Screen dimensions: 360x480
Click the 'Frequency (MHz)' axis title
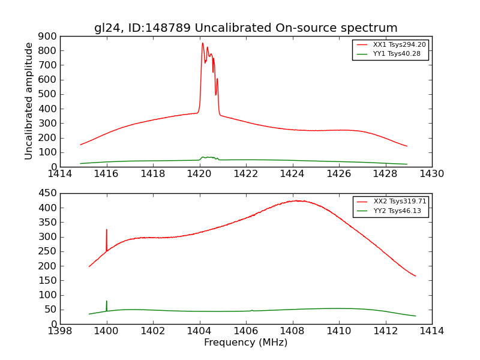point(245,343)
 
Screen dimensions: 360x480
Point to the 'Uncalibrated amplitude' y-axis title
point(29,101)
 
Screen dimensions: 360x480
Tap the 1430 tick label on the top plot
point(431,174)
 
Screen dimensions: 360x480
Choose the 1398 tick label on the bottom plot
point(61,331)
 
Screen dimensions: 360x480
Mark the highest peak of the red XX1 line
point(203,43)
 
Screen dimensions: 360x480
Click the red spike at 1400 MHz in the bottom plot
point(107,230)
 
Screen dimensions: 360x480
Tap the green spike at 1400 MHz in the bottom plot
point(107,302)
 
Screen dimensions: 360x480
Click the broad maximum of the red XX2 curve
point(297,201)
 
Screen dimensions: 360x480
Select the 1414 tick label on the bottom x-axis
point(431,331)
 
